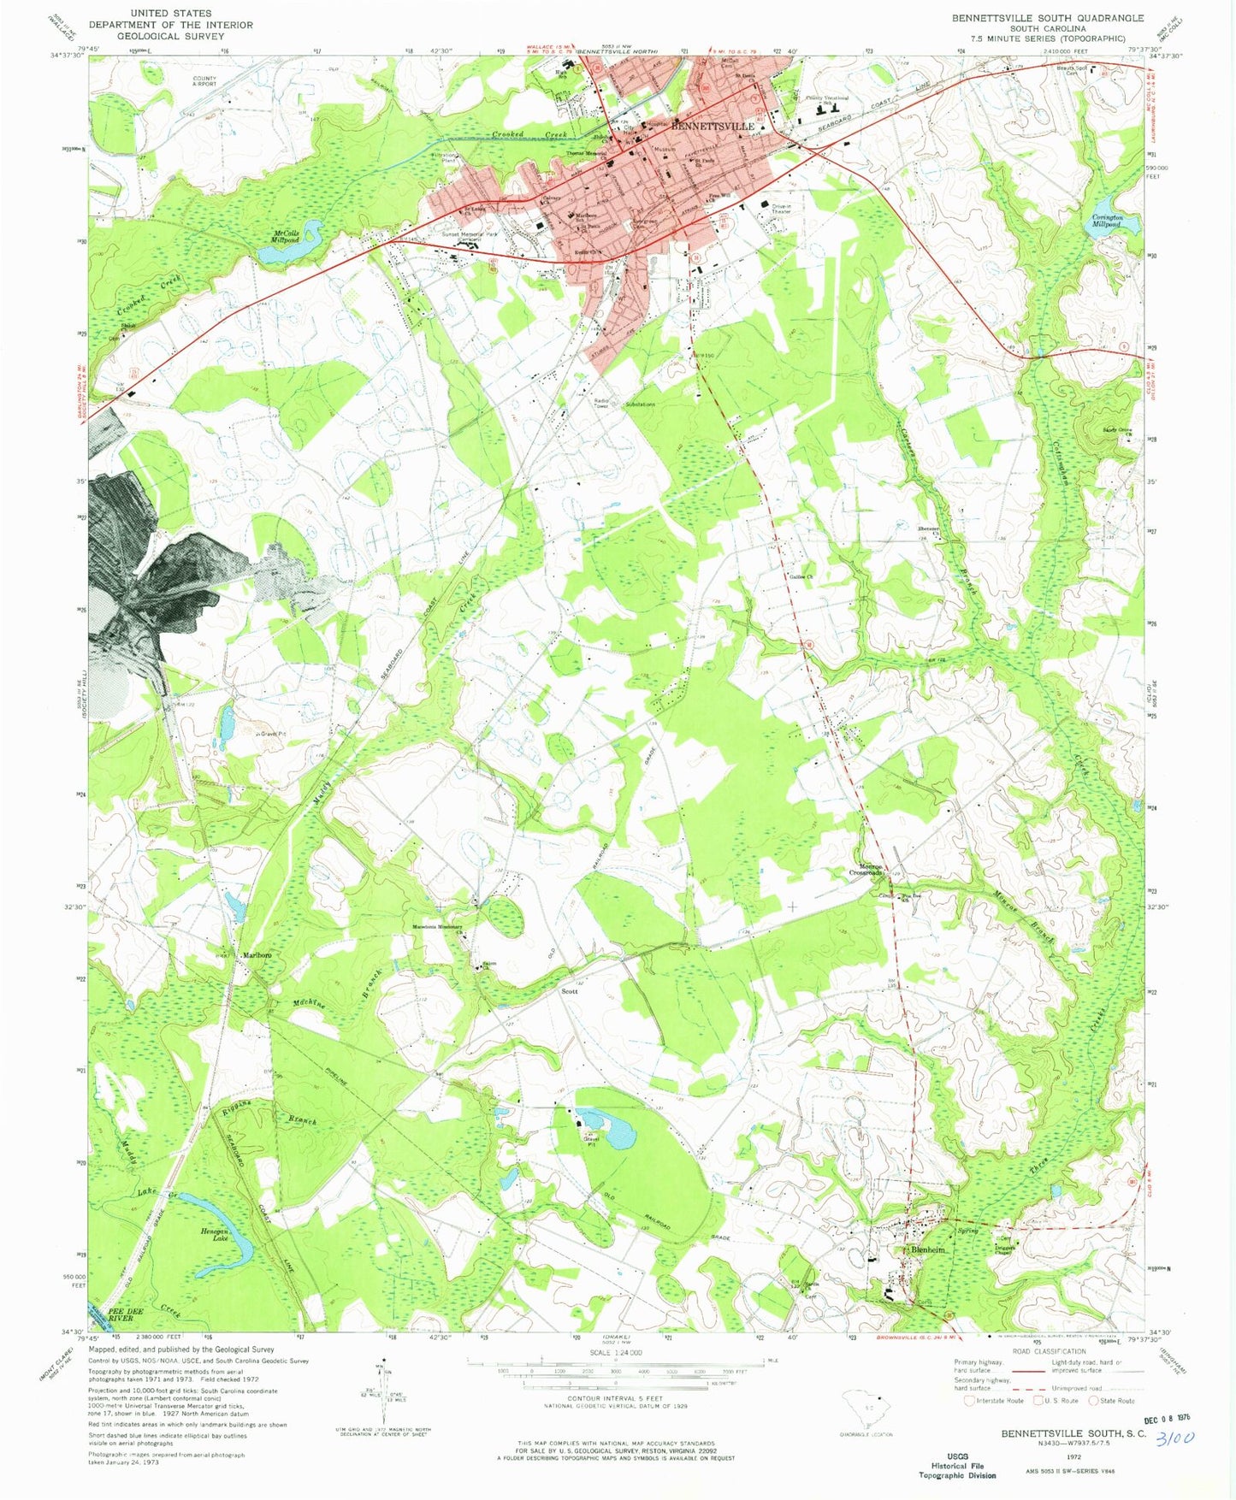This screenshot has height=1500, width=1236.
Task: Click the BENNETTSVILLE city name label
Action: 713,126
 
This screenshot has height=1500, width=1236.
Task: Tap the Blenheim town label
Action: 928,1249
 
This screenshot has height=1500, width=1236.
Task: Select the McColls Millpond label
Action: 286,237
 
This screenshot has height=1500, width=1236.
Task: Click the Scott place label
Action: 569,991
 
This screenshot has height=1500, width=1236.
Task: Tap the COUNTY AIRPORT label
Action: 204,81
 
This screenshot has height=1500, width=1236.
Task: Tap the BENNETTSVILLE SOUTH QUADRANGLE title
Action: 1049,18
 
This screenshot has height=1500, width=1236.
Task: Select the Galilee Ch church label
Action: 800,577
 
